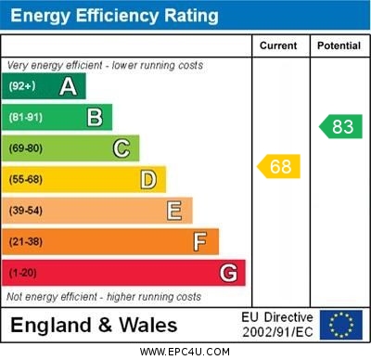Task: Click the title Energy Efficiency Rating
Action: (114, 16)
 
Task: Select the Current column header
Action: (278, 45)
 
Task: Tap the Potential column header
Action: (339, 45)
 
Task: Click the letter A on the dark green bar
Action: (68, 87)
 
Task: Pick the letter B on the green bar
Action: (95, 118)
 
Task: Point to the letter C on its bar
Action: (122, 148)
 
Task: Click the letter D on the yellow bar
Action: (148, 179)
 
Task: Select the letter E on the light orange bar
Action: (174, 211)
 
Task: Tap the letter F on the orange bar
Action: (200, 241)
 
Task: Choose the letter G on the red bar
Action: (228, 273)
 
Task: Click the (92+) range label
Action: (23, 87)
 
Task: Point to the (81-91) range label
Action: (27, 118)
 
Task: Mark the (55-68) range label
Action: (27, 180)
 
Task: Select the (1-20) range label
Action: (24, 274)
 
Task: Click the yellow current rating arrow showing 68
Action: (278, 167)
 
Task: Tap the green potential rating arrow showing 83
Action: (339, 127)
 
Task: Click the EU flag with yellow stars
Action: (340, 325)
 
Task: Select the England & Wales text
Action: (94, 325)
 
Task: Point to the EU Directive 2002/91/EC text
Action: (277, 325)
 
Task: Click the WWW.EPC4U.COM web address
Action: (185, 352)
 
